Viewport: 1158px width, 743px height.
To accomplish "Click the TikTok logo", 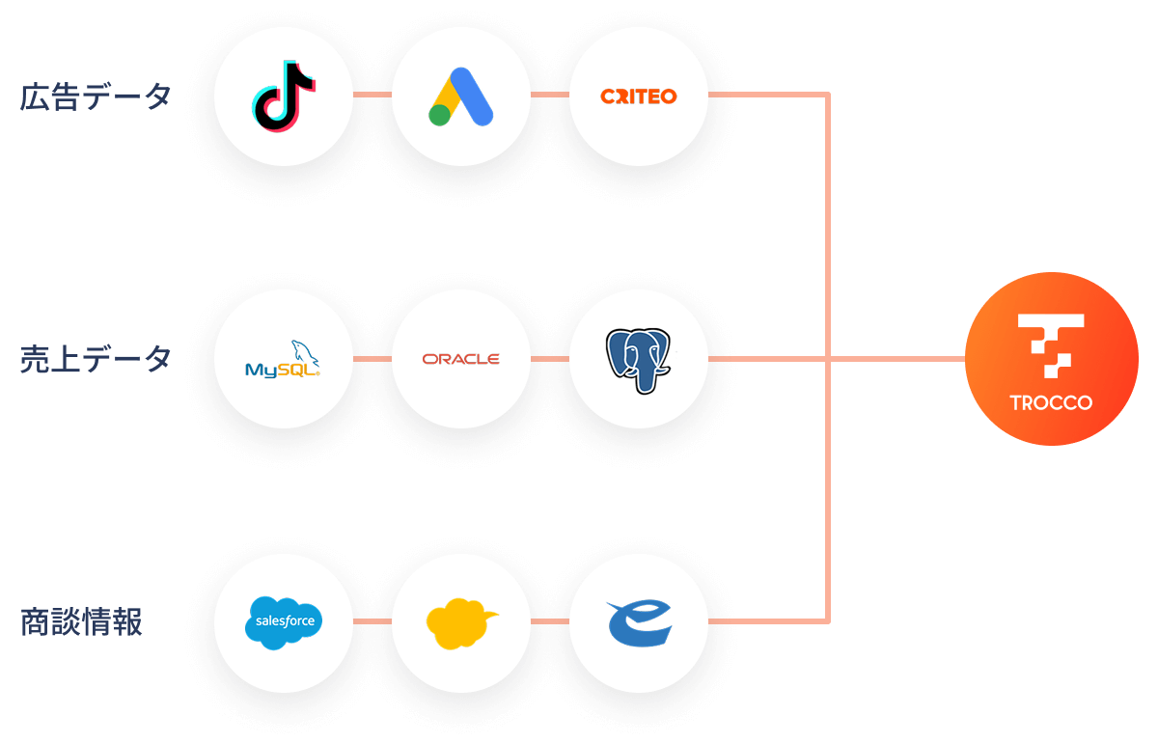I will coord(284,96).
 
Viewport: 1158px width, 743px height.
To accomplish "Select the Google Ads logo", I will coord(461,96).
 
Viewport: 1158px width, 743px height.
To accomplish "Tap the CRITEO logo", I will coord(638,96).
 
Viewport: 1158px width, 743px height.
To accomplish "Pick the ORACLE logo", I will coord(460,359).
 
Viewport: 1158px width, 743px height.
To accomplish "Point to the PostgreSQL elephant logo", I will coord(638,360).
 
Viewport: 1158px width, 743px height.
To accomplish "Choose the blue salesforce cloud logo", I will coord(284,622).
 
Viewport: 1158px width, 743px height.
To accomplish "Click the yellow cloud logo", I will coord(461,623).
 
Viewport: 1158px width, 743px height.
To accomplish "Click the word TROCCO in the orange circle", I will coord(1051,402).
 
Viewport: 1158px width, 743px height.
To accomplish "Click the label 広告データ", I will coord(96,96).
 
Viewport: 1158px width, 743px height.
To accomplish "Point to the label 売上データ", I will coord(96,359).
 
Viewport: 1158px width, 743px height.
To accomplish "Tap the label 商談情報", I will coord(81,622).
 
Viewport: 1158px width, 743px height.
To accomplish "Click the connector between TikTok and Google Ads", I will coord(372,95).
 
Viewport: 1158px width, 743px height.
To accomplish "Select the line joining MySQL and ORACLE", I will coord(372,359).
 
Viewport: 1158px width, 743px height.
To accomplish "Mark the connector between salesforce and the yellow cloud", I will coord(372,620).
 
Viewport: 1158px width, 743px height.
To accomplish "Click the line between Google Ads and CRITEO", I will coord(550,95).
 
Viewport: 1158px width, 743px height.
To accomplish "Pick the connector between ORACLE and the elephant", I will coord(550,359).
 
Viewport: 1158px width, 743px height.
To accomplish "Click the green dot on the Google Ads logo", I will coord(440,115).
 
